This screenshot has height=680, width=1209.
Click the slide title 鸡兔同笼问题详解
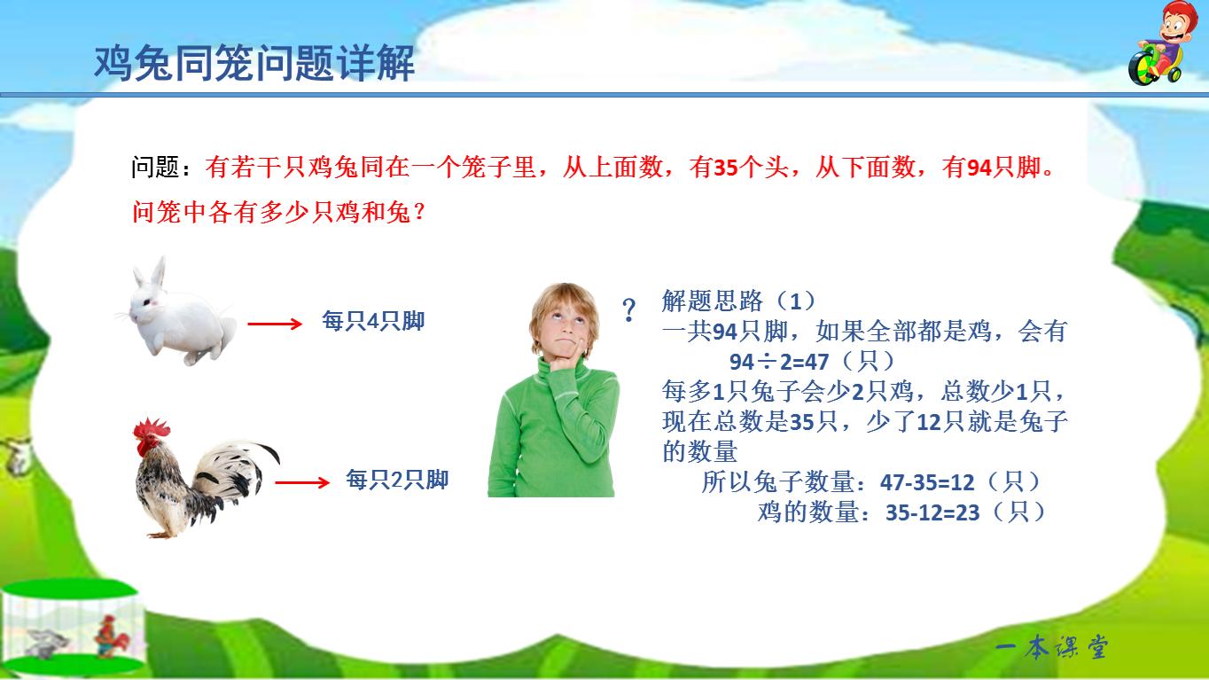point(254,65)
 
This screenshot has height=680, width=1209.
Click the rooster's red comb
point(152,432)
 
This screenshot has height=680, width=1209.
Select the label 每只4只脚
point(373,322)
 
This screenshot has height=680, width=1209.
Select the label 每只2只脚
point(397,481)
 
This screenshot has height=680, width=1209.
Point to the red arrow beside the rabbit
point(275,324)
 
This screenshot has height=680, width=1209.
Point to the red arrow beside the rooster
point(302,483)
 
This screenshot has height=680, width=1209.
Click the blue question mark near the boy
point(629,310)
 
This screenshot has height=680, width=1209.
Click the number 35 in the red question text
point(726,168)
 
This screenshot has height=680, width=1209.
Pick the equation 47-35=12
point(927,483)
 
